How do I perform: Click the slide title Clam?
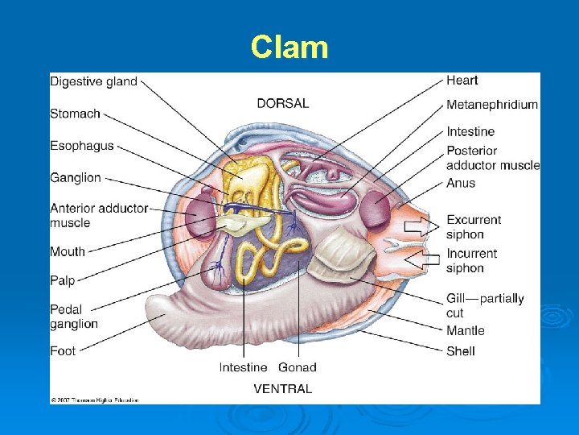(289, 48)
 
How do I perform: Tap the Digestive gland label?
(93, 81)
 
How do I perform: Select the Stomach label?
(75, 114)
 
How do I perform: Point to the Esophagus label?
(82, 146)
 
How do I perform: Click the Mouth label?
(68, 251)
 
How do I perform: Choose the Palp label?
(63, 280)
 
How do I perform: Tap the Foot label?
(63, 350)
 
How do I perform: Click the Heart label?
(462, 80)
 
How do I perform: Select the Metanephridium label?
(492, 105)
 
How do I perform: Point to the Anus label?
(461, 183)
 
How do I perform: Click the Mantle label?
(466, 330)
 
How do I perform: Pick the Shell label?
(461, 350)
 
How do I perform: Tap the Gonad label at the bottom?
(298, 367)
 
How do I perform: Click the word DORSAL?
(283, 103)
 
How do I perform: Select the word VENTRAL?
(283, 388)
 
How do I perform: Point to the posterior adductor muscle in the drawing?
(375, 210)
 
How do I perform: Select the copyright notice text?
(95, 400)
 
